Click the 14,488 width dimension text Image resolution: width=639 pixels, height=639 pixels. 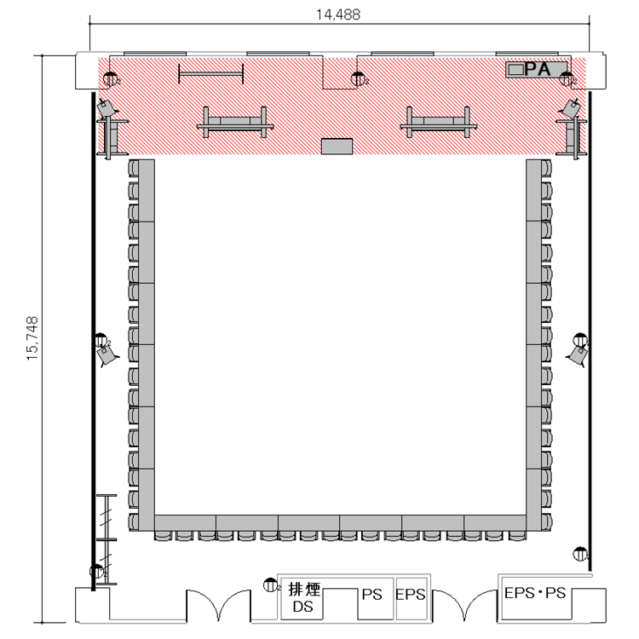point(338,14)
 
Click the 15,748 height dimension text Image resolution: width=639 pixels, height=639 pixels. point(32,338)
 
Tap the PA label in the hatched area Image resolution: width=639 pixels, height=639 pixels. point(538,69)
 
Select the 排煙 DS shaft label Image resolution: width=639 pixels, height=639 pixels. point(303,598)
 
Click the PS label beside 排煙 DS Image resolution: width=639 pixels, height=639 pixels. point(371,595)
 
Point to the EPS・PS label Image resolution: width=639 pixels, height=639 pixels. point(535,592)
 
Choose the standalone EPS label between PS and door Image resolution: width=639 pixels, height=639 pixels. point(411,595)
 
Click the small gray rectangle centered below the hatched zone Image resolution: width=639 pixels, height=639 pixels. point(337,147)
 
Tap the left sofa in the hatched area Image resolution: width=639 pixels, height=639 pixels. point(235,122)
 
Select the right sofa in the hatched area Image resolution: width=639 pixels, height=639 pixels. point(438,122)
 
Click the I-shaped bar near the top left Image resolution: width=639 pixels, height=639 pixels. point(211,74)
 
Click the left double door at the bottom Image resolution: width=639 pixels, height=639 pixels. point(218,604)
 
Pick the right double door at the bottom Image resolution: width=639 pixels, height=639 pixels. point(464,604)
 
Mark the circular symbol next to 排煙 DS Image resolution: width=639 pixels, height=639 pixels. point(269,585)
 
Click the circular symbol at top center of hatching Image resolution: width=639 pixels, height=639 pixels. point(358,79)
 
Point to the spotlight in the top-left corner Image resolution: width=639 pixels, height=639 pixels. point(106,108)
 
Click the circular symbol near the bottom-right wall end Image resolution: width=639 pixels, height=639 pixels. point(579,554)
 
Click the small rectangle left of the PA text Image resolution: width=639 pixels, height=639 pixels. point(516,69)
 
